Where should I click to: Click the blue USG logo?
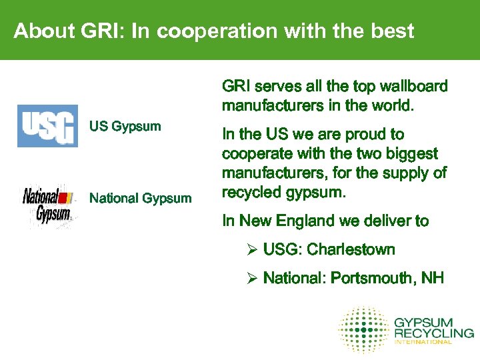click(x=47, y=126)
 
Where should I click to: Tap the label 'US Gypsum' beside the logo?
click(x=125, y=126)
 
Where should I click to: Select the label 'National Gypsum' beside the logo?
click(x=141, y=198)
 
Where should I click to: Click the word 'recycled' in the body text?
click(x=251, y=193)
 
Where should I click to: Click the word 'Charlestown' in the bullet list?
click(x=351, y=250)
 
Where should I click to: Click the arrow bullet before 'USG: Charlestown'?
click(x=252, y=250)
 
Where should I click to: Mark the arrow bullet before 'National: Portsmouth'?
click(x=252, y=277)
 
